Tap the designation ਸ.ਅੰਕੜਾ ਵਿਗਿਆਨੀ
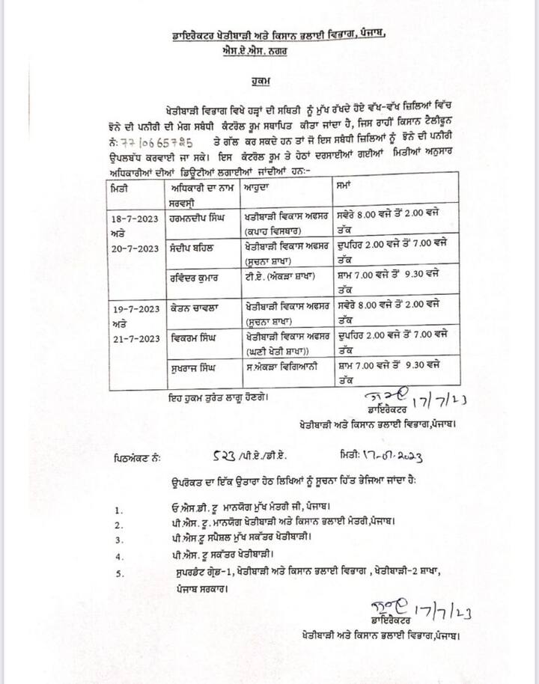(x=284, y=368)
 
